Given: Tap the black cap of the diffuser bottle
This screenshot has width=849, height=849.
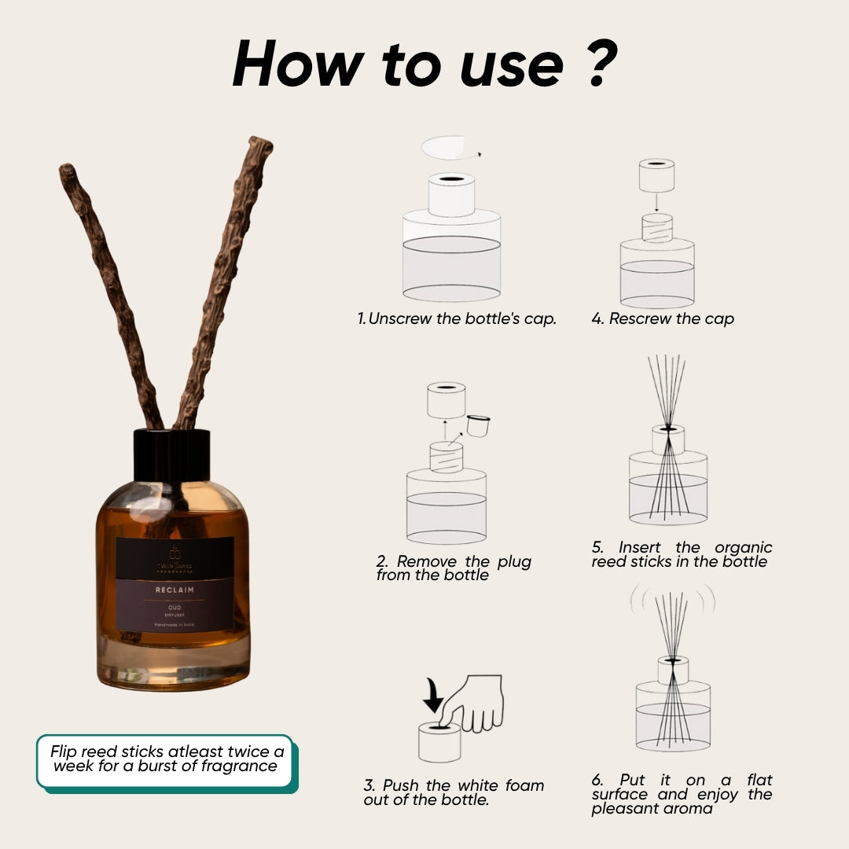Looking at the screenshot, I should [171, 454].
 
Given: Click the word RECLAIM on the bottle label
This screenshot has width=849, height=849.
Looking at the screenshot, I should [175, 589].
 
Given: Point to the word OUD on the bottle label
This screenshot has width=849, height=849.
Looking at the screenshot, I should [175, 606].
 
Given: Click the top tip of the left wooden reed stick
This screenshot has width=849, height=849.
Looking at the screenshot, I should [65, 170].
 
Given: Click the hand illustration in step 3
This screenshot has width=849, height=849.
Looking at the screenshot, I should [476, 704].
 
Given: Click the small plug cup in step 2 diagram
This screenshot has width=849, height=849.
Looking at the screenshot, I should [479, 424].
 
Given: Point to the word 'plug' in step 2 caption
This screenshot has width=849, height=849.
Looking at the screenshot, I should [514, 561].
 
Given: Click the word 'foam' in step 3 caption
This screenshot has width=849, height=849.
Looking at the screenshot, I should [523, 785].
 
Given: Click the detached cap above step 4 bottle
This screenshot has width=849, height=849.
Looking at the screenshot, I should [657, 176].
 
